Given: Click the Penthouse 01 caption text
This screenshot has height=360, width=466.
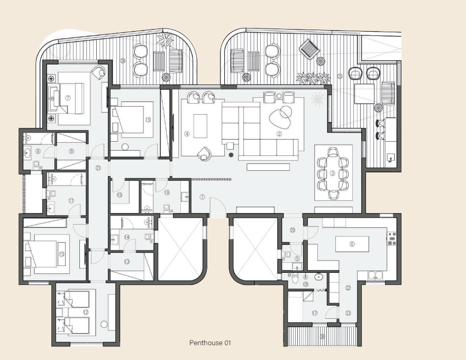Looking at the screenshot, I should pos(210,343).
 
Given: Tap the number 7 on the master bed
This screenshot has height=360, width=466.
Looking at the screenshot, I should pos(68,98).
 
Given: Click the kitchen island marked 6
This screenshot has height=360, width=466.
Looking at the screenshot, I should pos(352,244).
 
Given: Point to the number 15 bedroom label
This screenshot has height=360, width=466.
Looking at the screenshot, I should pos(148,120).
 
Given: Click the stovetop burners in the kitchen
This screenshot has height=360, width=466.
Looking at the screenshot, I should pos(392,239).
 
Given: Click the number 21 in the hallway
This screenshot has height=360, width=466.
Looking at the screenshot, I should pos(98,168).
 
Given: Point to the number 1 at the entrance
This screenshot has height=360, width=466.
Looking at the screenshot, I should pos(202,197).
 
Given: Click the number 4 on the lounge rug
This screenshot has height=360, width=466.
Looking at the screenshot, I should pos(187,134).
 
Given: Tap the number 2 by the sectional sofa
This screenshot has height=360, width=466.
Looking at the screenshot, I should pos(279,134).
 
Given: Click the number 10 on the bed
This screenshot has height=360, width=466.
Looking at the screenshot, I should pos(62,254).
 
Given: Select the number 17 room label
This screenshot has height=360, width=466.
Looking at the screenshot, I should pos(315,313).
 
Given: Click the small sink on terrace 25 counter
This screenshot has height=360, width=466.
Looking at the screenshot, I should pos(390,156).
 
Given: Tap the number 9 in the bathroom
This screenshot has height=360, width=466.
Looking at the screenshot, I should pos(38,151).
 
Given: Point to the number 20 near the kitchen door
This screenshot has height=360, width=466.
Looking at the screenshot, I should pos(293,230).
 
